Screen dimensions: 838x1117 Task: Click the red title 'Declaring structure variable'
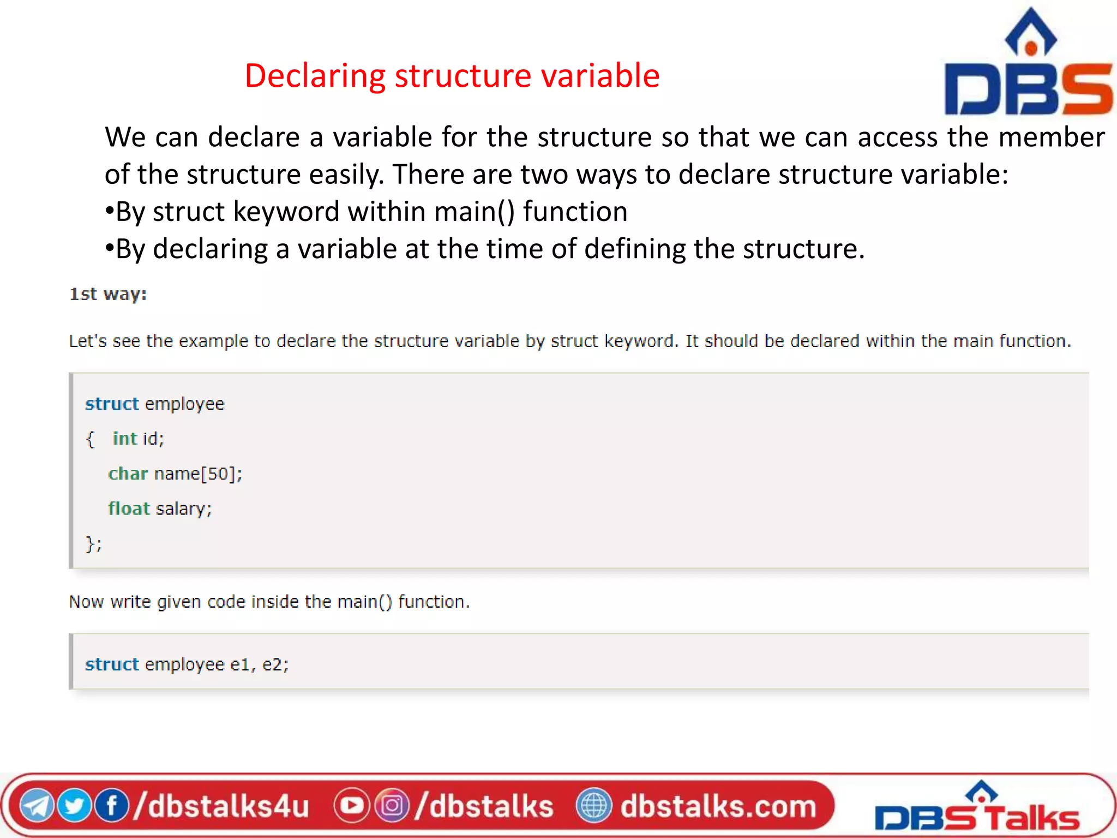452,75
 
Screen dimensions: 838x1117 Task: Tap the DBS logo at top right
1029,63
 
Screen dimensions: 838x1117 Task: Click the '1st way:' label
108,294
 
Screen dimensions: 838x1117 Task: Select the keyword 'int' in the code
124,439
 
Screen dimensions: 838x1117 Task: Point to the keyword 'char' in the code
128,474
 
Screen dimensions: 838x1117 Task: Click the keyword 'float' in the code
129,508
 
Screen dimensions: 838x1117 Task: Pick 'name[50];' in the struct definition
198,474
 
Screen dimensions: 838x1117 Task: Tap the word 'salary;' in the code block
184,508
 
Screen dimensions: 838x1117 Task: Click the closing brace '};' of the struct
94,544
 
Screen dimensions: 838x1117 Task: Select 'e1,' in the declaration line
243,665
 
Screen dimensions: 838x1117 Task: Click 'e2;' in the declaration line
275,665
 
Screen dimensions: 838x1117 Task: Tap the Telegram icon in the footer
37,806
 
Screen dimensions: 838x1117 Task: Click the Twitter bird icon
74,806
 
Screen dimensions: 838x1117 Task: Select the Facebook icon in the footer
111,806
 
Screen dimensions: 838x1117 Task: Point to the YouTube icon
351,806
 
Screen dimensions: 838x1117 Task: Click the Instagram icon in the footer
392,806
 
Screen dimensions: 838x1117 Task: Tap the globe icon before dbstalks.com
593,806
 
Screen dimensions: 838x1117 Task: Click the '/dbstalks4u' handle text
221,806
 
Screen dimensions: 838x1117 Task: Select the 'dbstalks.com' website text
718,806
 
